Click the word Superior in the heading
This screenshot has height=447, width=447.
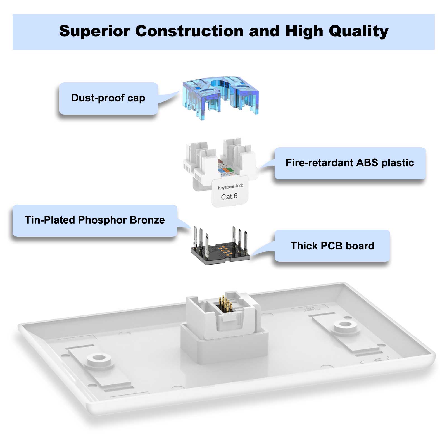(94, 31)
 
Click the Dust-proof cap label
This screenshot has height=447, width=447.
(108, 98)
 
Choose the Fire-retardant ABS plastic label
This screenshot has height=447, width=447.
(350, 163)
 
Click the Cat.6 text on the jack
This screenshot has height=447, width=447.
(229, 196)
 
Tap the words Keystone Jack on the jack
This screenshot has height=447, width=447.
(230, 186)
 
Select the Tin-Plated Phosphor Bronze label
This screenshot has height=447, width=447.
(95, 220)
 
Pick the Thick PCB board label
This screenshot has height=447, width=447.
(332, 246)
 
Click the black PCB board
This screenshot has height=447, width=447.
(220, 253)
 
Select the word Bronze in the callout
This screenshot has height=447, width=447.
(147, 220)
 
